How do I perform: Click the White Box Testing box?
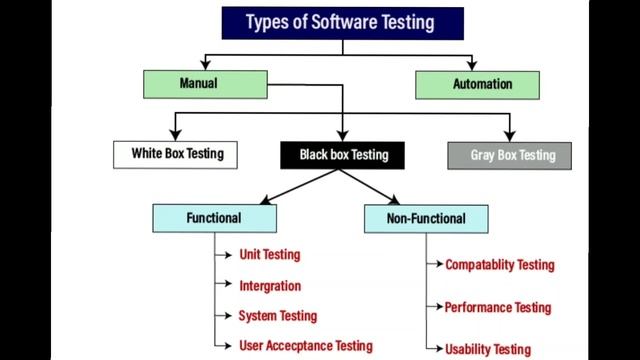tap(177, 154)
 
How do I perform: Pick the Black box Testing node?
tap(343, 155)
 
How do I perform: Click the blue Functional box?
tap(212, 217)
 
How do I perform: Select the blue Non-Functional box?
tap(425, 217)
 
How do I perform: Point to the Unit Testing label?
tap(269, 255)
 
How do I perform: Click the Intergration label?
tap(269, 286)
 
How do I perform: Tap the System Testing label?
tap(276, 316)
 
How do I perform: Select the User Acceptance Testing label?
tap(305, 346)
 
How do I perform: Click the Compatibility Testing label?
tap(499, 265)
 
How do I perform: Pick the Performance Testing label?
tap(497, 308)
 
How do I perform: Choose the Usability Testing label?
tap(487, 349)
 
